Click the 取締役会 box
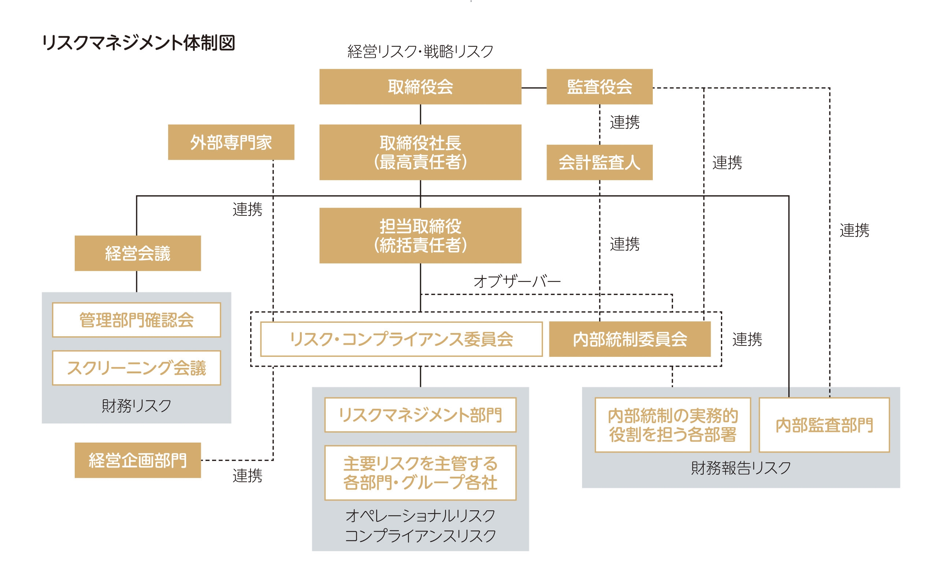tap(420, 87)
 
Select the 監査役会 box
tap(599, 87)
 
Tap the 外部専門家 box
tap(231, 143)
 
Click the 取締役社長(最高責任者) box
tap(420, 152)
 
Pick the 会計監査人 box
tap(599, 163)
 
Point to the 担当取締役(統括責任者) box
tap(420, 235)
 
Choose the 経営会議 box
tap(138, 253)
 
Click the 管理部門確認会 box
tap(137, 320)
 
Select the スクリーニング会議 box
tap(137, 368)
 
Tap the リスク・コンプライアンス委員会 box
tap(401, 339)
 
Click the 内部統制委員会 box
tap(629, 339)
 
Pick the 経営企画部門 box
tap(138, 460)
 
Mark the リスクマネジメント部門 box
tap(420, 415)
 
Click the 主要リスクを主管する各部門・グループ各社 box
tap(420, 473)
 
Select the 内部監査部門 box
tap(824, 425)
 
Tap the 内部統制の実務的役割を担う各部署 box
tap(672, 425)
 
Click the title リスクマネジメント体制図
tap(138, 42)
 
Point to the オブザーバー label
tap(517, 281)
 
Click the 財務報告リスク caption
tap(741, 468)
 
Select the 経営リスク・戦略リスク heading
tap(420, 51)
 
